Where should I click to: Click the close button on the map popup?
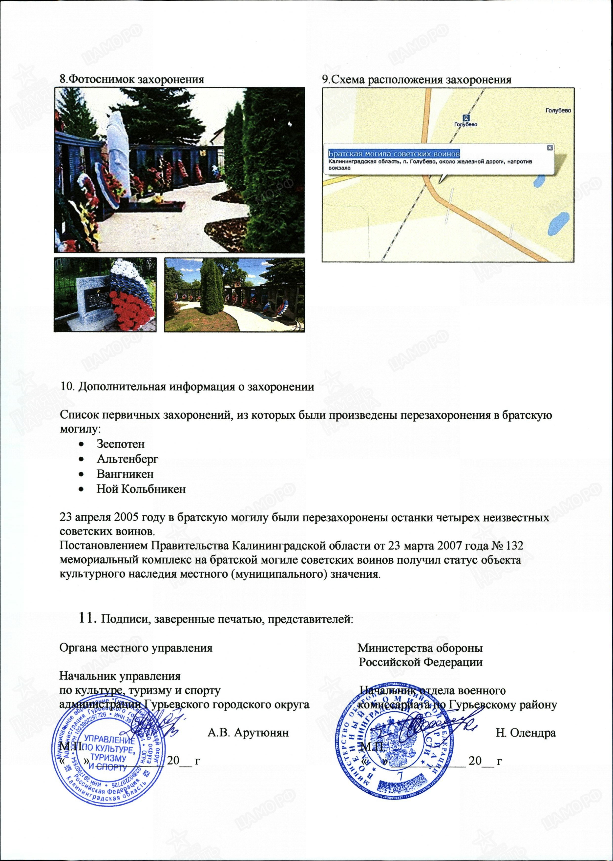coord(550,148)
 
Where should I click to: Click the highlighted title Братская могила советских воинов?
coord(394,154)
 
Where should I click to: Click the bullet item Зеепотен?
coord(120,444)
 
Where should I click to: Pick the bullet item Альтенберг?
coord(127,459)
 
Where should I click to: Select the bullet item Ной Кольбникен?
coord(141,489)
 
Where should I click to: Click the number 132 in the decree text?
coord(514,546)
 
